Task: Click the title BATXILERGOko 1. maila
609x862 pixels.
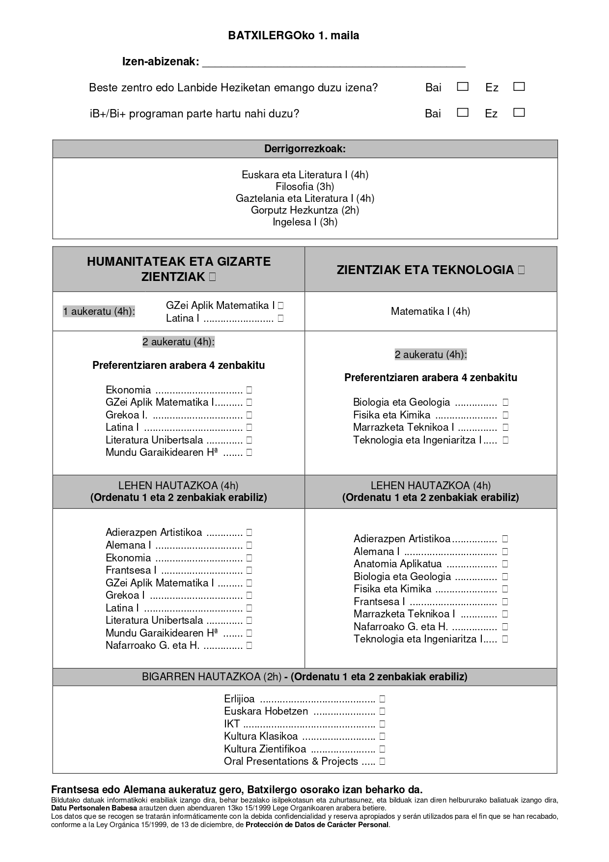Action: [293, 35]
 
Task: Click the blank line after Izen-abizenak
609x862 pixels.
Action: [333, 62]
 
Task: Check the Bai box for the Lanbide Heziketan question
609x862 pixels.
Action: [462, 87]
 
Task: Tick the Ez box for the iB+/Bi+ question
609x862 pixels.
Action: [519, 113]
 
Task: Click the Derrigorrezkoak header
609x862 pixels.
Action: [304, 149]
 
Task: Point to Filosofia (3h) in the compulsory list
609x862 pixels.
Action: [304, 187]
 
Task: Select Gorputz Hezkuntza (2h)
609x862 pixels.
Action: [304, 210]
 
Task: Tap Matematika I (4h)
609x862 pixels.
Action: [430, 311]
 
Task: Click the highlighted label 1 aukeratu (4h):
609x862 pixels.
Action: [99, 311]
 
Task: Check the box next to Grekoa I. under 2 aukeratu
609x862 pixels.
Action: [249, 415]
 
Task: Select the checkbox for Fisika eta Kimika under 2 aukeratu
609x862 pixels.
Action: [505, 415]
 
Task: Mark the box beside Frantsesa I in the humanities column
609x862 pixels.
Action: [249, 570]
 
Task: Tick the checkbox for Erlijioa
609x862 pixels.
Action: [382, 699]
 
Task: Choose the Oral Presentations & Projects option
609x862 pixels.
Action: [291, 761]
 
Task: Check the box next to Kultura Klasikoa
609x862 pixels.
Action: [382, 736]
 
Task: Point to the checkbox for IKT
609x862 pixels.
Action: [382, 724]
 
